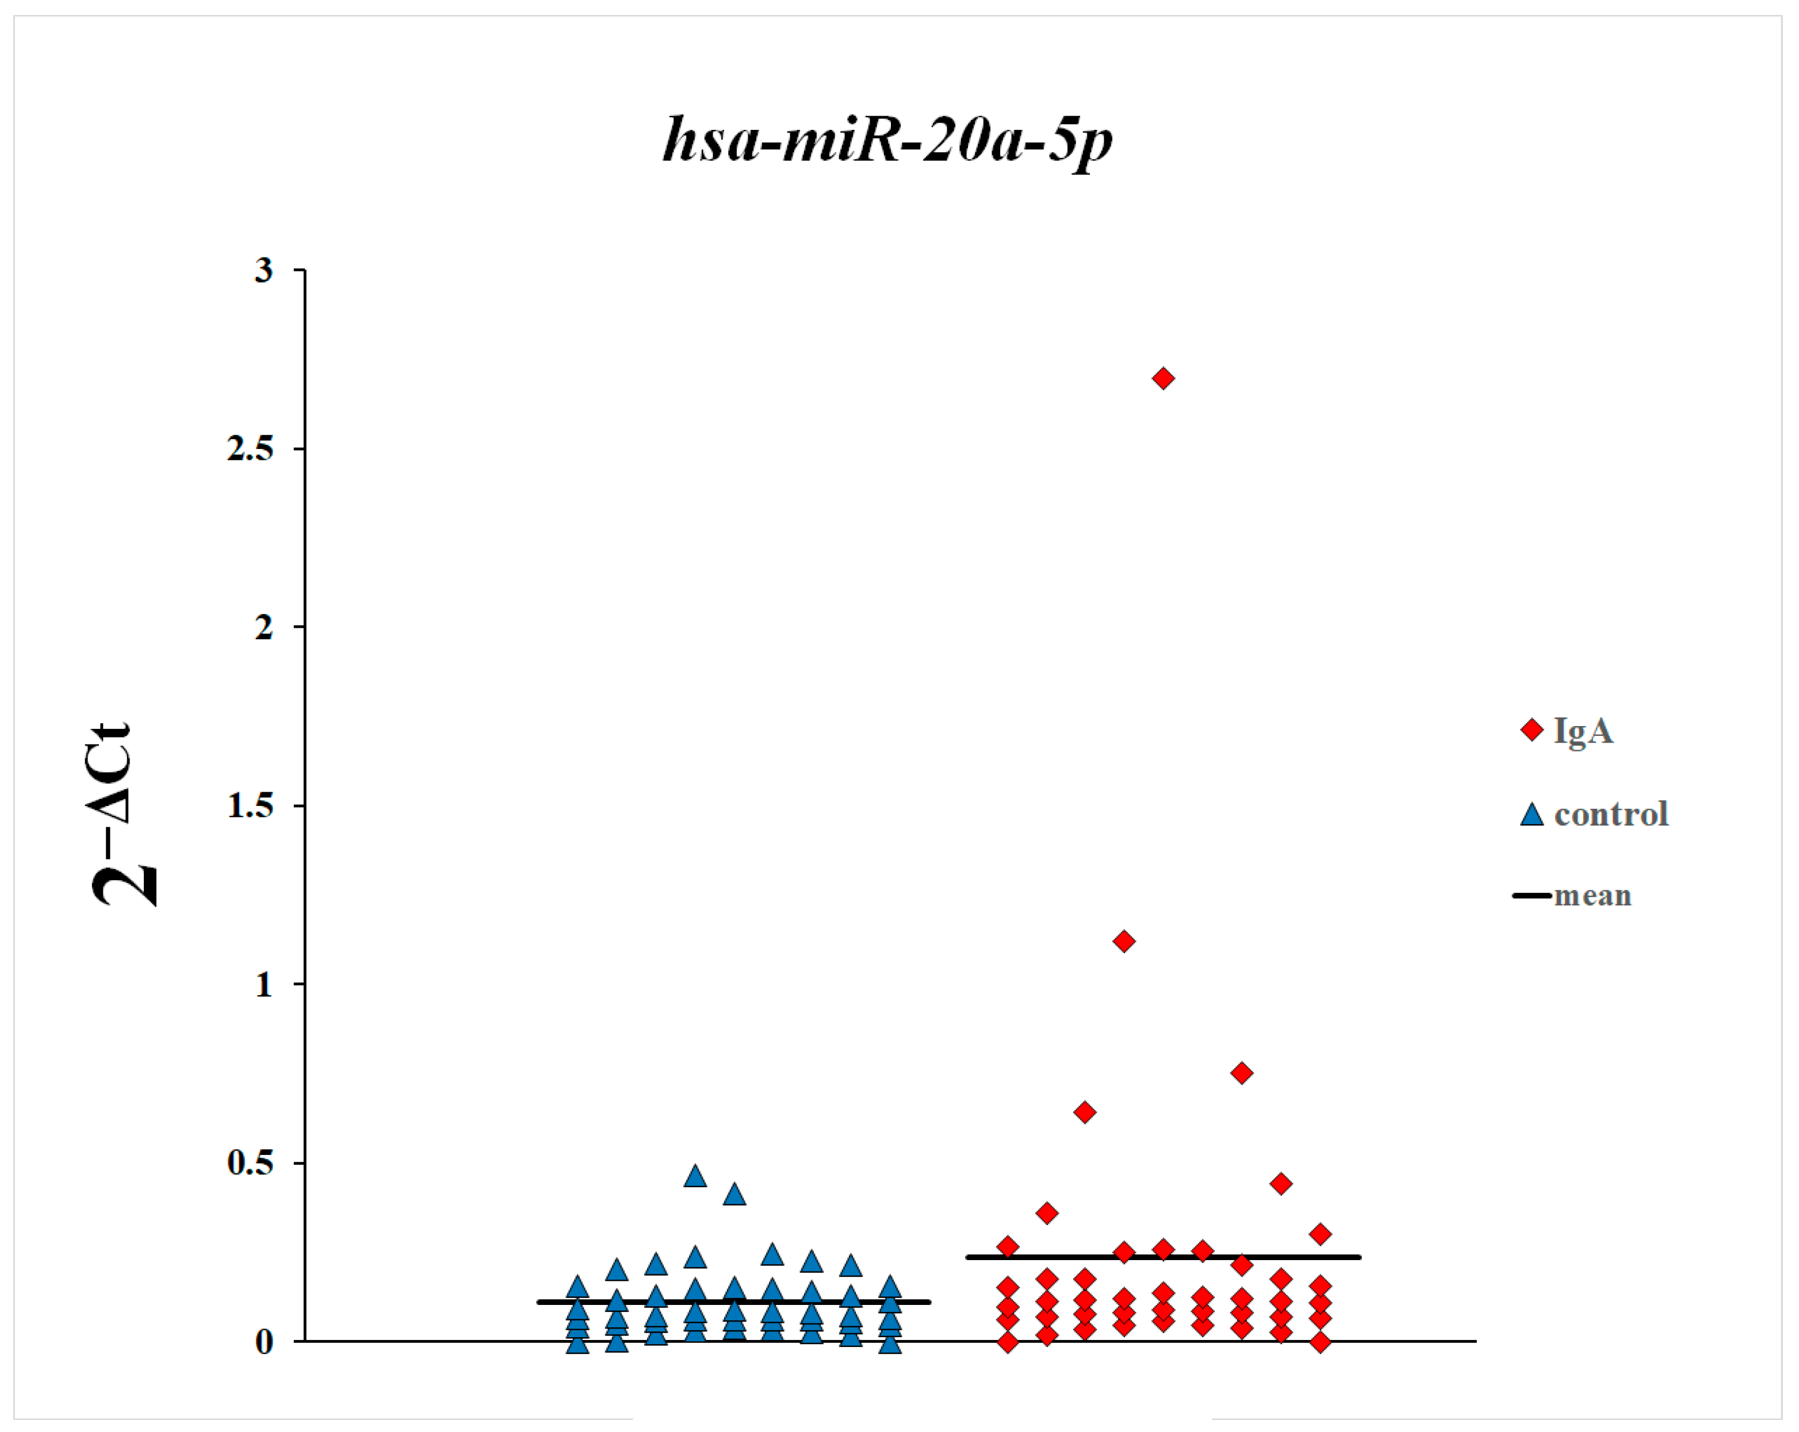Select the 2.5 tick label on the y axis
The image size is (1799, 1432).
tap(250, 449)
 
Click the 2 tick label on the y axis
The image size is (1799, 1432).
tap(263, 627)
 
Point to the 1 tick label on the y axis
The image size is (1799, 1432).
tap(263, 984)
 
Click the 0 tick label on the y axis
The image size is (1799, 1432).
tap(263, 1342)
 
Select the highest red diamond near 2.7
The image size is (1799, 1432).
tap(1163, 379)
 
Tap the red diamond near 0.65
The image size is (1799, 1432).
tap(1085, 1112)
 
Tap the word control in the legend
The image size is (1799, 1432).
tap(1610, 814)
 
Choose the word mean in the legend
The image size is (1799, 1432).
tap(1592, 896)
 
